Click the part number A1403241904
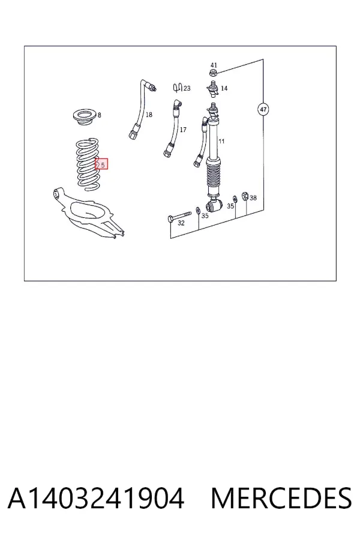click(96, 499)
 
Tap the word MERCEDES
click(281, 499)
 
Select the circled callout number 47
click(263, 110)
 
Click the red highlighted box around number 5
click(101, 164)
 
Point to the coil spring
click(88, 164)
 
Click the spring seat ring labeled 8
click(85, 117)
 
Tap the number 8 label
click(100, 115)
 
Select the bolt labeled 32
click(179, 216)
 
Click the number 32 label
click(181, 223)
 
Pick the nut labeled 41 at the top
click(214, 73)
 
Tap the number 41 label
click(214, 65)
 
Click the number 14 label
click(224, 89)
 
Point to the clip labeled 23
click(178, 88)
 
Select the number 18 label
click(149, 115)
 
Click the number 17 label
click(183, 130)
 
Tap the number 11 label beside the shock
click(221, 141)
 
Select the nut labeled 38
click(245, 196)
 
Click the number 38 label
click(253, 198)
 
